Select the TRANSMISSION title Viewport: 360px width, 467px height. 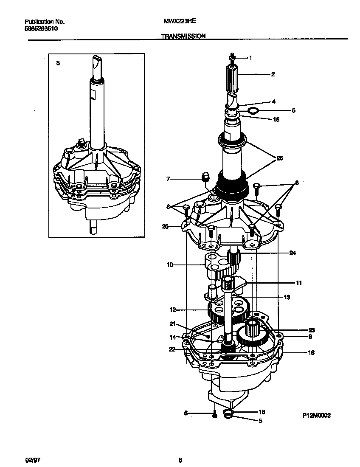[183, 37]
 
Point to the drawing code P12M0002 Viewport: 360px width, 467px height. [316, 416]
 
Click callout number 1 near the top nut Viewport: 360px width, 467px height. [250, 58]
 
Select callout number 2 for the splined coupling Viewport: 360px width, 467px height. [273, 74]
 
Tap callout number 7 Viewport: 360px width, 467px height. [168, 180]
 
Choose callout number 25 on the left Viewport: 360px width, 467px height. [165, 226]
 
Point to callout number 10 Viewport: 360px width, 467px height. [170, 265]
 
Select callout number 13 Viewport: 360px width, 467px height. [287, 297]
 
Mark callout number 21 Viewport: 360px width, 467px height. [172, 324]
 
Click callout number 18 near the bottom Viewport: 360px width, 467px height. [262, 412]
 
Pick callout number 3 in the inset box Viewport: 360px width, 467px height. [58, 63]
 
